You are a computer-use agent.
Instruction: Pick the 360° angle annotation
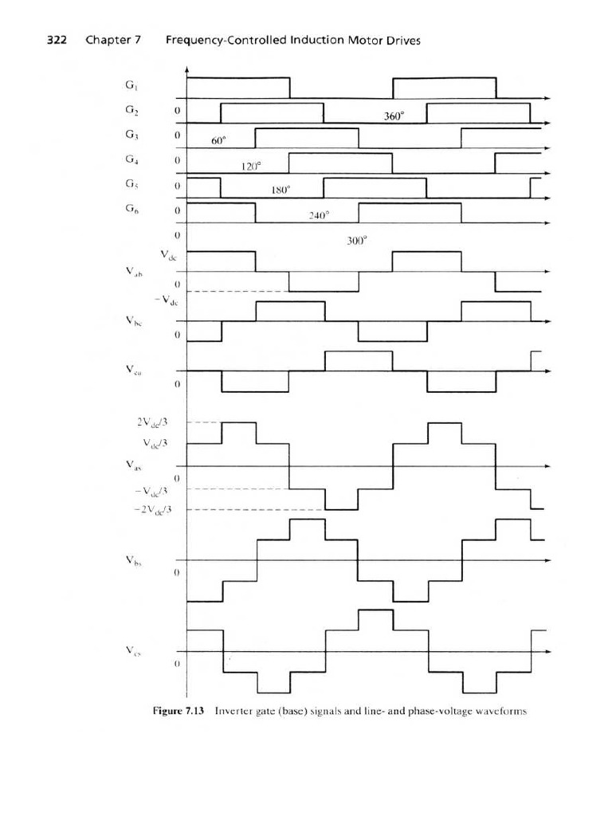pyautogui.click(x=394, y=116)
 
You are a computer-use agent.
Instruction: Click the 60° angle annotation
pyautogui.click(x=220, y=141)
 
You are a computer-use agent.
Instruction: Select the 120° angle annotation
pyautogui.click(x=251, y=167)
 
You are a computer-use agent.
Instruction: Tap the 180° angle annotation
pyautogui.click(x=281, y=191)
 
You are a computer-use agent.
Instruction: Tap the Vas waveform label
pyautogui.click(x=132, y=465)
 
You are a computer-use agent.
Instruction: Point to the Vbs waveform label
pyautogui.click(x=132, y=560)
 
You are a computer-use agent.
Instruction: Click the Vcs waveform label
pyautogui.click(x=132, y=650)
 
